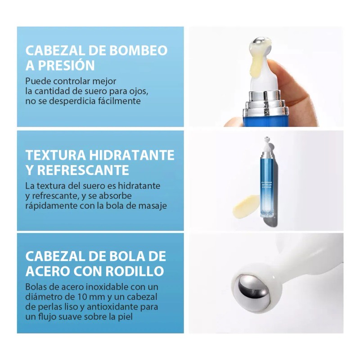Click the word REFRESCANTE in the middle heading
click(x=83, y=170)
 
